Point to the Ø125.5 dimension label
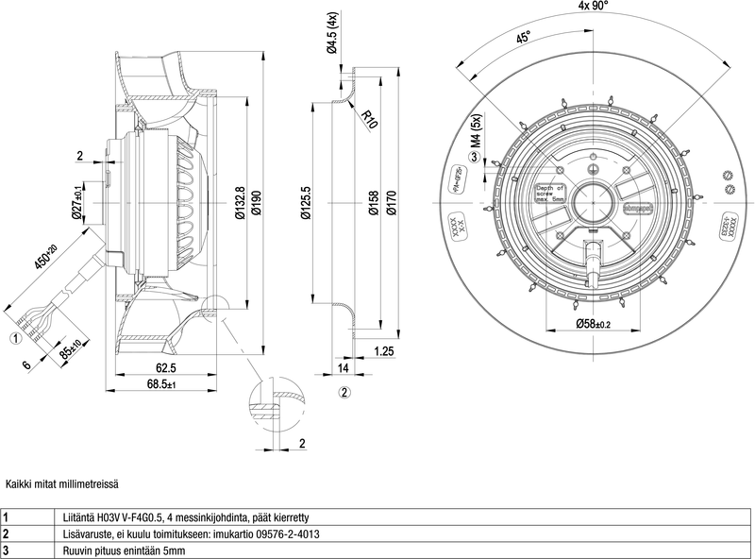tap(305, 201)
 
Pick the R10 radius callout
tap(369, 119)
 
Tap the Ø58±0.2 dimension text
tap(594, 324)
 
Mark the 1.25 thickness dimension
tap(383, 351)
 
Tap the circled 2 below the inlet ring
tap(344, 392)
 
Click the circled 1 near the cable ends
tap(16, 336)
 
